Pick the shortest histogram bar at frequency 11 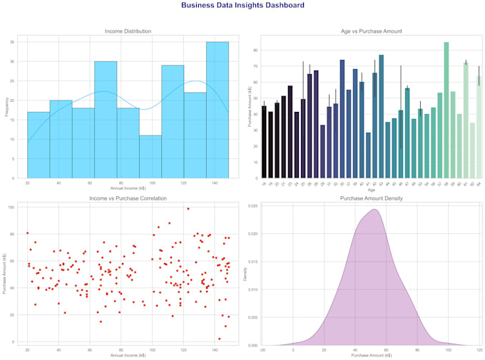point(150,157)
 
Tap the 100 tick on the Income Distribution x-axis point(150,183)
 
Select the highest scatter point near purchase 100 point(188,209)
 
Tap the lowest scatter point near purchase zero point(219,339)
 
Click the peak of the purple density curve point(374,210)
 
